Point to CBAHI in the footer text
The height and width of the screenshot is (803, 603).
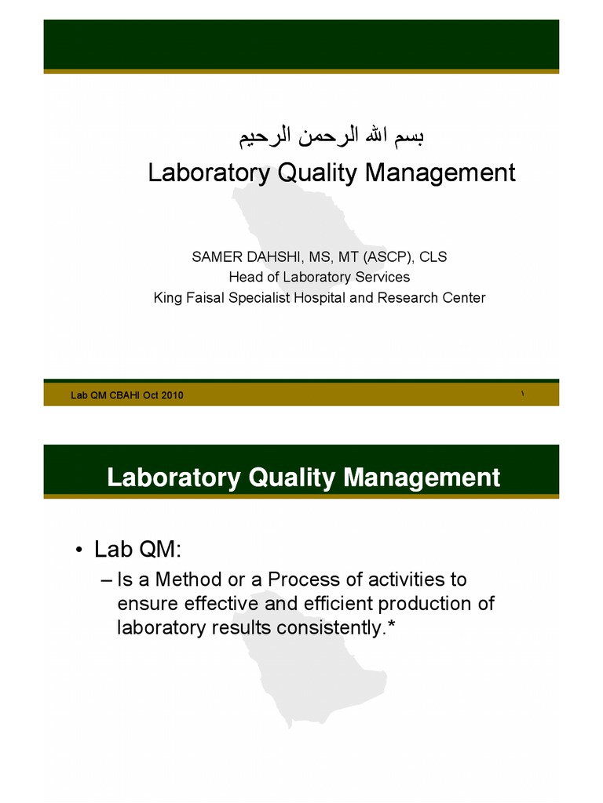point(123,395)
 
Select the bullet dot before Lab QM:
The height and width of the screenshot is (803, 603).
point(79,550)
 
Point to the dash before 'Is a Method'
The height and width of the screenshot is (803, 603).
point(108,580)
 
